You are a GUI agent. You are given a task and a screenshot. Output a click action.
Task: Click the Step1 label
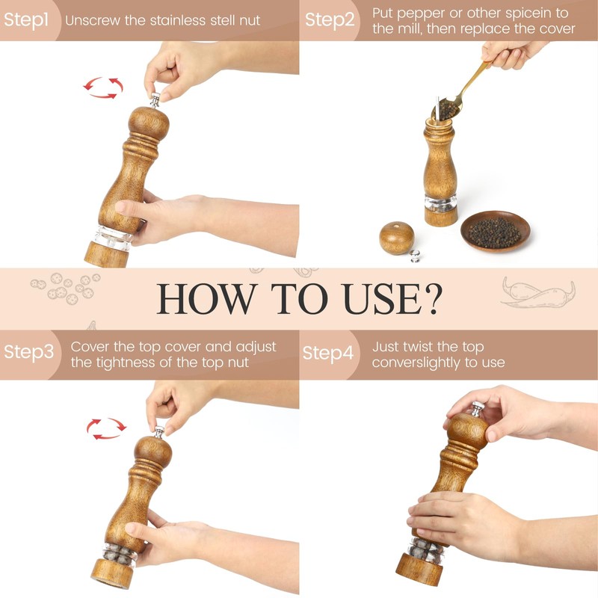26,20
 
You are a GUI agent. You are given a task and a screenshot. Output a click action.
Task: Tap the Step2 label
330,20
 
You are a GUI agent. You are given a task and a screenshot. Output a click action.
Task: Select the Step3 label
29,351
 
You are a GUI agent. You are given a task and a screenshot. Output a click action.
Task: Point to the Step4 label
328,353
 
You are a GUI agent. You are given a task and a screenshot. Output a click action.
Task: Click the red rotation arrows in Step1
103,87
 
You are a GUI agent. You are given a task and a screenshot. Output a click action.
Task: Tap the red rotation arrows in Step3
106,428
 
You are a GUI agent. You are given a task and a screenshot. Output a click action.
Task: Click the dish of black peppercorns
495,231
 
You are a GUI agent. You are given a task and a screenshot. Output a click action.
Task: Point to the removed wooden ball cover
397,238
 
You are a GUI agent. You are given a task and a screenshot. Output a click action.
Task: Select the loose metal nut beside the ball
415,256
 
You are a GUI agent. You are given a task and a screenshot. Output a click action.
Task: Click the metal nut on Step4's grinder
476,409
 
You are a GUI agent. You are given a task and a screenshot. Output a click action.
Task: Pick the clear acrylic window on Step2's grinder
440,203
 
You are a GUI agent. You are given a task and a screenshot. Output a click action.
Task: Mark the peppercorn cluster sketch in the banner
66,289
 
